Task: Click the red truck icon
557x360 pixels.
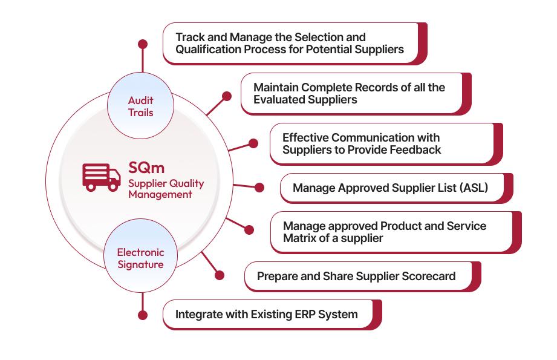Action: (x=102, y=177)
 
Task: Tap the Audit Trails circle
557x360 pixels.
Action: (x=140, y=106)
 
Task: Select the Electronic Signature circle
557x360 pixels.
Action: (x=140, y=258)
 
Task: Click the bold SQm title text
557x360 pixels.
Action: (x=146, y=167)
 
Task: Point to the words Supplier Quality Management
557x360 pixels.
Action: (x=166, y=189)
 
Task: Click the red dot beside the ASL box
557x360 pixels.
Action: (x=259, y=188)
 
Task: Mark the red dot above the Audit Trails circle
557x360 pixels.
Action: (x=143, y=44)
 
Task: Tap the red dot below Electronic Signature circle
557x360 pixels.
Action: (x=143, y=315)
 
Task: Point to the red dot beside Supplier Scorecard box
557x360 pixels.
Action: (x=220, y=275)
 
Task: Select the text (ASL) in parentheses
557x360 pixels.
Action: (x=474, y=188)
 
